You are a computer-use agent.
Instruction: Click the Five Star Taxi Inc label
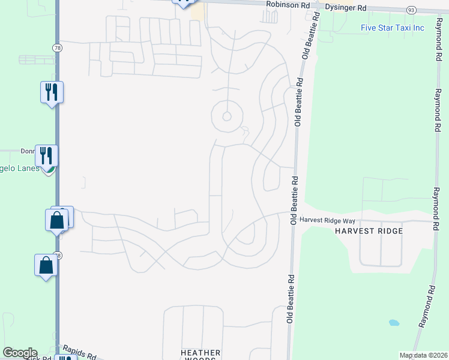pyautogui.click(x=393, y=28)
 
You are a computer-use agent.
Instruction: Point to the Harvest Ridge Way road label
pyautogui.click(x=327, y=221)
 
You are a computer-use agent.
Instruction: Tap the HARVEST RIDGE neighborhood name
pyautogui.click(x=368, y=231)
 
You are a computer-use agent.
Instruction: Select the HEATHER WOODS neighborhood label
pyautogui.click(x=200, y=355)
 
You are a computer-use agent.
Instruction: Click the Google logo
pyautogui.click(x=19, y=353)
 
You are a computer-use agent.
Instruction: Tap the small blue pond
pyautogui.click(x=394, y=322)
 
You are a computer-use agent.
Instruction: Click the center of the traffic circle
pyautogui.click(x=227, y=116)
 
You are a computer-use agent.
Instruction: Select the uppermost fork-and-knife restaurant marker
pyautogui.click(x=52, y=92)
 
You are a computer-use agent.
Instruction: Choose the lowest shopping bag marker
pyautogui.click(x=46, y=265)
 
